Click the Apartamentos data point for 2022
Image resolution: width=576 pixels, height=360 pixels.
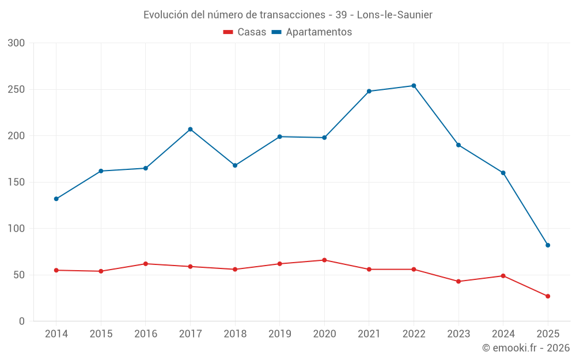point(414,86)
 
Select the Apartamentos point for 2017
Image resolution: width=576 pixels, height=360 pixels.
point(190,129)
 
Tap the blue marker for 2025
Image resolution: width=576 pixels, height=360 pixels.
point(548,245)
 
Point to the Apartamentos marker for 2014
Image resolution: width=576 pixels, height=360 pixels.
point(56,199)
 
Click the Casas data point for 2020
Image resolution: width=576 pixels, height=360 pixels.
point(324,260)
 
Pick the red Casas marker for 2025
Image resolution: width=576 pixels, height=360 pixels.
point(548,296)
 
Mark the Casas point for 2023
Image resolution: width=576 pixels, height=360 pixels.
point(458,281)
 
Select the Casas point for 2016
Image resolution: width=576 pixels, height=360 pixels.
point(145,264)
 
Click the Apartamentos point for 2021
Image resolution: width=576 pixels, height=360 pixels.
point(369,91)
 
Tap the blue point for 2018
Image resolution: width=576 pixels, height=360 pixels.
point(235,165)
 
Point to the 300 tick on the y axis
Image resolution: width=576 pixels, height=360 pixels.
point(17,43)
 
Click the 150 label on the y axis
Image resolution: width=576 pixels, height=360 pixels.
point(17,182)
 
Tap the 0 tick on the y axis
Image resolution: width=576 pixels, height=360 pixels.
point(22,321)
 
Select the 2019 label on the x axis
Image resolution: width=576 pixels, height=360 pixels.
point(279,334)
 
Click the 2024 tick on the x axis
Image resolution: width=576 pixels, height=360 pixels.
point(503,334)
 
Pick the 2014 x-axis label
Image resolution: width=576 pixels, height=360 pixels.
point(56,334)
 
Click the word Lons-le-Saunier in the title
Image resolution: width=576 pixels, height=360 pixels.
point(399,14)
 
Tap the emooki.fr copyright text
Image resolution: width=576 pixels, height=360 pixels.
point(526,348)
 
